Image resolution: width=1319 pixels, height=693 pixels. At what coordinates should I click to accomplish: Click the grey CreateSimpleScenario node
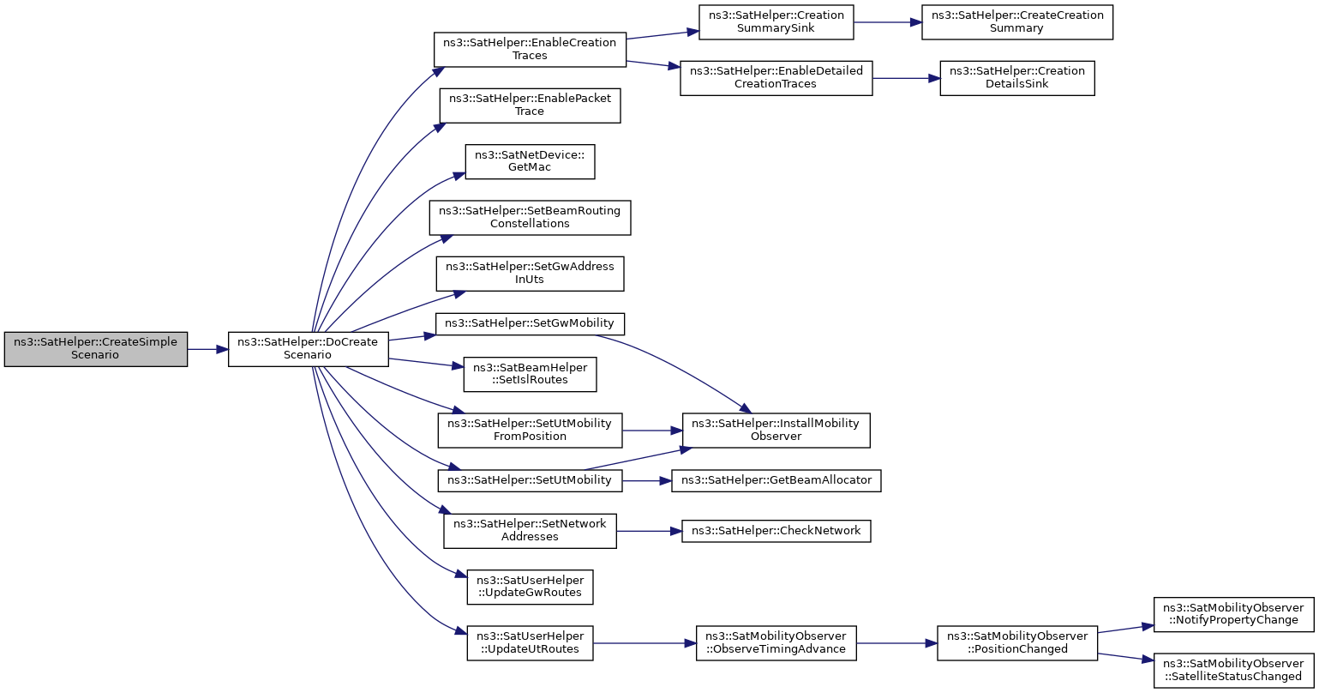point(96,349)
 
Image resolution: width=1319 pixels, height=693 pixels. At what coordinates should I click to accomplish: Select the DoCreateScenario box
point(309,349)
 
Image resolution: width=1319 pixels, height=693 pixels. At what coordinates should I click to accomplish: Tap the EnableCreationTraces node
point(530,50)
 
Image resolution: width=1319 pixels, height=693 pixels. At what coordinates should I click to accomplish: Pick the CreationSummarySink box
point(776,22)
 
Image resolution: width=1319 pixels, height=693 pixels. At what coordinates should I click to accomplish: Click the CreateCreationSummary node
point(1017,22)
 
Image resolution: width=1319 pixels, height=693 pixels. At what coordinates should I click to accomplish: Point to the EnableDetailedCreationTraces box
point(776,78)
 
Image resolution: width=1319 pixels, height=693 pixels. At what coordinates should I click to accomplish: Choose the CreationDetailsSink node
point(1017,78)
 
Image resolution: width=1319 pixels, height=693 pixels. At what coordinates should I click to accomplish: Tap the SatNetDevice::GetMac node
point(530,161)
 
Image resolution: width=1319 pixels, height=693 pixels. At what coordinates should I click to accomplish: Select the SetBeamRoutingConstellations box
point(530,218)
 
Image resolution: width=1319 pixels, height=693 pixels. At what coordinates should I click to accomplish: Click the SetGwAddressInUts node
point(530,274)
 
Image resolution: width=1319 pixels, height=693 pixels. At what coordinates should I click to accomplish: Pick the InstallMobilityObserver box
point(776,431)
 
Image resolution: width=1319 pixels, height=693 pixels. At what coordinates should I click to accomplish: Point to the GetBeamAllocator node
point(776,481)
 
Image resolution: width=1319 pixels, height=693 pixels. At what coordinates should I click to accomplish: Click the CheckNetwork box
point(776,531)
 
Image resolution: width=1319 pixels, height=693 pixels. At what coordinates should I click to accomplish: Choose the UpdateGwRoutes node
point(530,587)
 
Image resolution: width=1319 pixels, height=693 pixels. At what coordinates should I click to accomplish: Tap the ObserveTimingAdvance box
point(776,643)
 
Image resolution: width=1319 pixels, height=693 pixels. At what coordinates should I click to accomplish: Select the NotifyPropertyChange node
point(1233,615)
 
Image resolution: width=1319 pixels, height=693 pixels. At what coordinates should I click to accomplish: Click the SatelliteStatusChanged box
point(1233,671)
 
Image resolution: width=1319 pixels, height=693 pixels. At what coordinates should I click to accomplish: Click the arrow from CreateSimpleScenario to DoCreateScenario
point(208,349)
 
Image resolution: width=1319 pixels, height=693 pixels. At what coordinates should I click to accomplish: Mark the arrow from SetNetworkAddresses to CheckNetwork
point(649,531)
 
